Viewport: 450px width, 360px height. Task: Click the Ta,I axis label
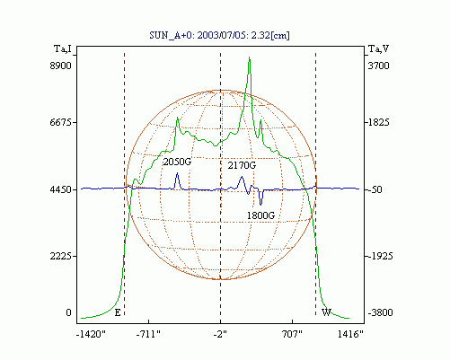pyautogui.click(x=63, y=48)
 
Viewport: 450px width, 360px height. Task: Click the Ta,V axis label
pyautogui.click(x=378, y=48)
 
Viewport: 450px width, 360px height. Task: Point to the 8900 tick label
pyautogui.click(x=60, y=66)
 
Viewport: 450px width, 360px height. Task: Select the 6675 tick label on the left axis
pyautogui.click(x=60, y=122)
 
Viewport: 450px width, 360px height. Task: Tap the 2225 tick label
pyautogui.click(x=60, y=256)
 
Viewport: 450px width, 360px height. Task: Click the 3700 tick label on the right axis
pyautogui.click(x=378, y=66)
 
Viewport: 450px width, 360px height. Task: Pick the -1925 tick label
pyautogui.click(x=380, y=256)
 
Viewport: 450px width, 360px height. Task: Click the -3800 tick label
pyautogui.click(x=380, y=312)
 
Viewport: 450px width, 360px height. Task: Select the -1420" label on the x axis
pyautogui.click(x=91, y=334)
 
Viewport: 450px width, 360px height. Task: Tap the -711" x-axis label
pyautogui.click(x=148, y=334)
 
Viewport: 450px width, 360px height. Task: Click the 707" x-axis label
pyautogui.click(x=292, y=334)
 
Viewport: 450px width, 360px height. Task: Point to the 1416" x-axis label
pyautogui.click(x=350, y=334)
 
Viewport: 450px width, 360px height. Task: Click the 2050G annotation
pyautogui.click(x=177, y=162)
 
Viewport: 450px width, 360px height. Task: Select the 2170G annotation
pyautogui.click(x=242, y=165)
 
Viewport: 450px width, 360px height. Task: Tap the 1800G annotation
pyautogui.click(x=260, y=215)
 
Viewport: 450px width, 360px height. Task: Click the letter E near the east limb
pyautogui.click(x=118, y=312)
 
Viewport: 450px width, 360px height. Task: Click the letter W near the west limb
pyautogui.click(x=326, y=312)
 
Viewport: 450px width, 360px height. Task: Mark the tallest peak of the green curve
pyautogui.click(x=250, y=57)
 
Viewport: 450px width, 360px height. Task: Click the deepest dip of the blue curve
pyautogui.click(x=260, y=205)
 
